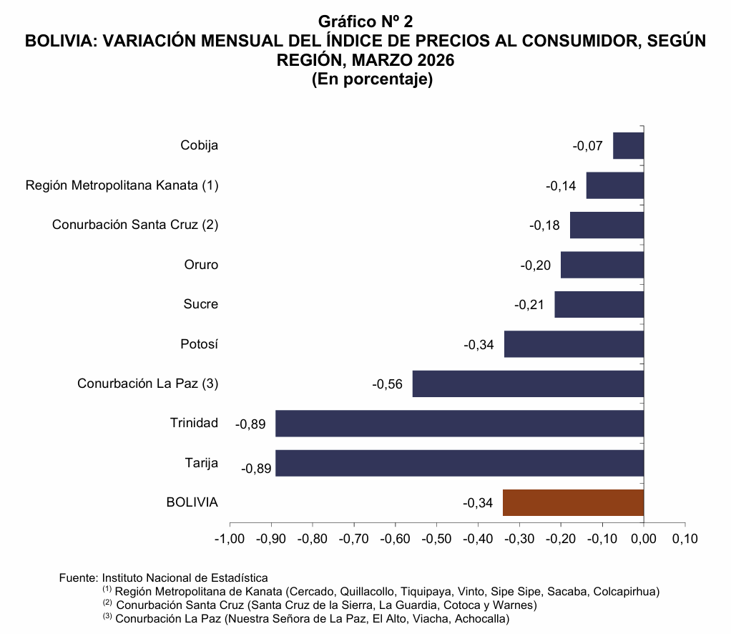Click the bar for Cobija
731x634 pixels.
[x=629, y=146]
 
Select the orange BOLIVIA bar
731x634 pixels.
[x=573, y=502]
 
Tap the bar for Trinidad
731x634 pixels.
[x=459, y=423]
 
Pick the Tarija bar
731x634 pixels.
[x=459, y=463]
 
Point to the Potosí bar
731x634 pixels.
[x=574, y=344]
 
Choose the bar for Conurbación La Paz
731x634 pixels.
[x=528, y=384]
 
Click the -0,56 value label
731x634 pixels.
[x=388, y=384]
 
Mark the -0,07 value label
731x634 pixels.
[x=587, y=146]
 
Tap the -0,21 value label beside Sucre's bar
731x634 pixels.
[x=529, y=305]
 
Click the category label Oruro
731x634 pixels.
[x=201, y=265]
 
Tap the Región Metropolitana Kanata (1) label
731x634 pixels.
[x=122, y=185]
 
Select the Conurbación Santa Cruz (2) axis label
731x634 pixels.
[x=135, y=225]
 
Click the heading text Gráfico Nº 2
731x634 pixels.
[x=365, y=22]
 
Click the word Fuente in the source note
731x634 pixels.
[x=77, y=577]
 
